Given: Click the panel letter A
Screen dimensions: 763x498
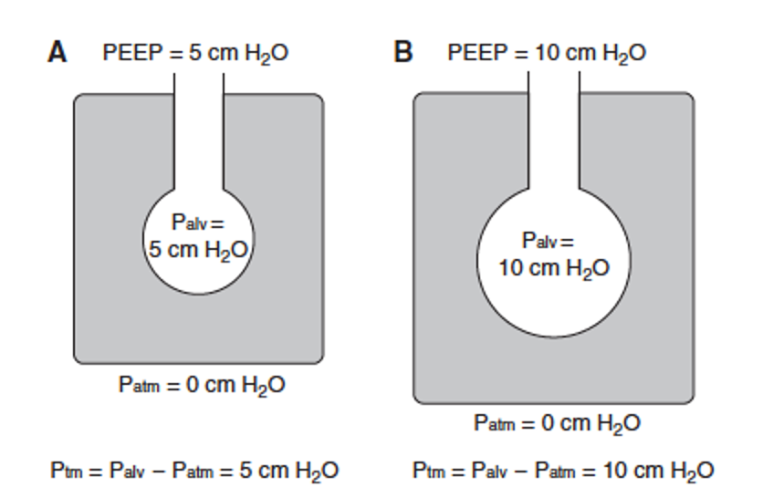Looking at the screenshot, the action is coord(57,52).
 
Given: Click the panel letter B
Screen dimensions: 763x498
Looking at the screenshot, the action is coord(402,52).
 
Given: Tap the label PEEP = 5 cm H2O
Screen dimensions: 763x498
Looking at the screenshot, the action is coord(196,53).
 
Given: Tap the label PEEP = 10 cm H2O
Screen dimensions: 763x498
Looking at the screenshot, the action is coord(547,53).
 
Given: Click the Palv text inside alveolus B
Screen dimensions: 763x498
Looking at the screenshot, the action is coord(548,242).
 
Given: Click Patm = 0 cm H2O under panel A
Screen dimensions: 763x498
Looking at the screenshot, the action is coord(202,385).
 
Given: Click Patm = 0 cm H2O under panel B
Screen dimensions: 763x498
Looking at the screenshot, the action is coord(557,423).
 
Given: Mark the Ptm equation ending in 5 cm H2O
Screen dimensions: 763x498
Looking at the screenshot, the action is coord(194,471).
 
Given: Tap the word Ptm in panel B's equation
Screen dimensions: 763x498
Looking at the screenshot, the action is coord(427,472).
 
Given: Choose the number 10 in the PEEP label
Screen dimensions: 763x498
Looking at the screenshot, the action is coord(547,53).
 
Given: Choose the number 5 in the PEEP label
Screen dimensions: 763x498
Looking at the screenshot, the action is coord(195,53).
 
